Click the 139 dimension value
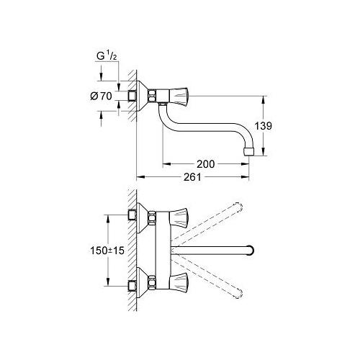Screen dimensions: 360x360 click(263, 126)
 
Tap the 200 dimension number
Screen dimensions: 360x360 click(206, 164)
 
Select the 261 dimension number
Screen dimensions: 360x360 click(192, 177)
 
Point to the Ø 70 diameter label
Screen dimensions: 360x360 click(101, 96)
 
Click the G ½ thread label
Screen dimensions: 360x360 click(107, 56)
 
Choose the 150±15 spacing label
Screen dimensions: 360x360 click(107, 251)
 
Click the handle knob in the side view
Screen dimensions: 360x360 click(179, 95)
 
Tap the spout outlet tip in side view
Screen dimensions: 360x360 click(248, 152)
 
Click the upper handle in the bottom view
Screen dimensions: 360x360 click(179, 218)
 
